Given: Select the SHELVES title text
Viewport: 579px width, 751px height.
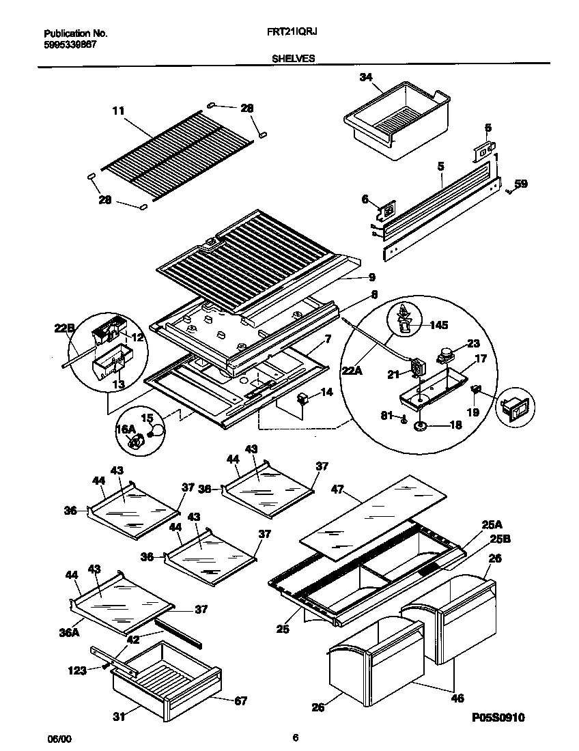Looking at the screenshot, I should [293, 59].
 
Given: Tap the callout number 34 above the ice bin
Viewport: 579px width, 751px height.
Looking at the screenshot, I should [366, 77].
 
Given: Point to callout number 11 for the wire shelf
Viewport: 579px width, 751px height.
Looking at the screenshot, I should [119, 109].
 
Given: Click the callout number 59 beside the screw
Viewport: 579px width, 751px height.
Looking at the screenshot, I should [521, 184].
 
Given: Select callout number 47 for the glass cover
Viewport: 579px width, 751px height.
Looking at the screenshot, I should [337, 490].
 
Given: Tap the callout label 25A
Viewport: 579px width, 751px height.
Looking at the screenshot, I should [492, 524].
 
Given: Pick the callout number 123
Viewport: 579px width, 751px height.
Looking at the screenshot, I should [77, 670].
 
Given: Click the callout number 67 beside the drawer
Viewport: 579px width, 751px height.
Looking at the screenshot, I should [240, 700].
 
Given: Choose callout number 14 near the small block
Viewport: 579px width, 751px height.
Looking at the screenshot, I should [326, 393].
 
